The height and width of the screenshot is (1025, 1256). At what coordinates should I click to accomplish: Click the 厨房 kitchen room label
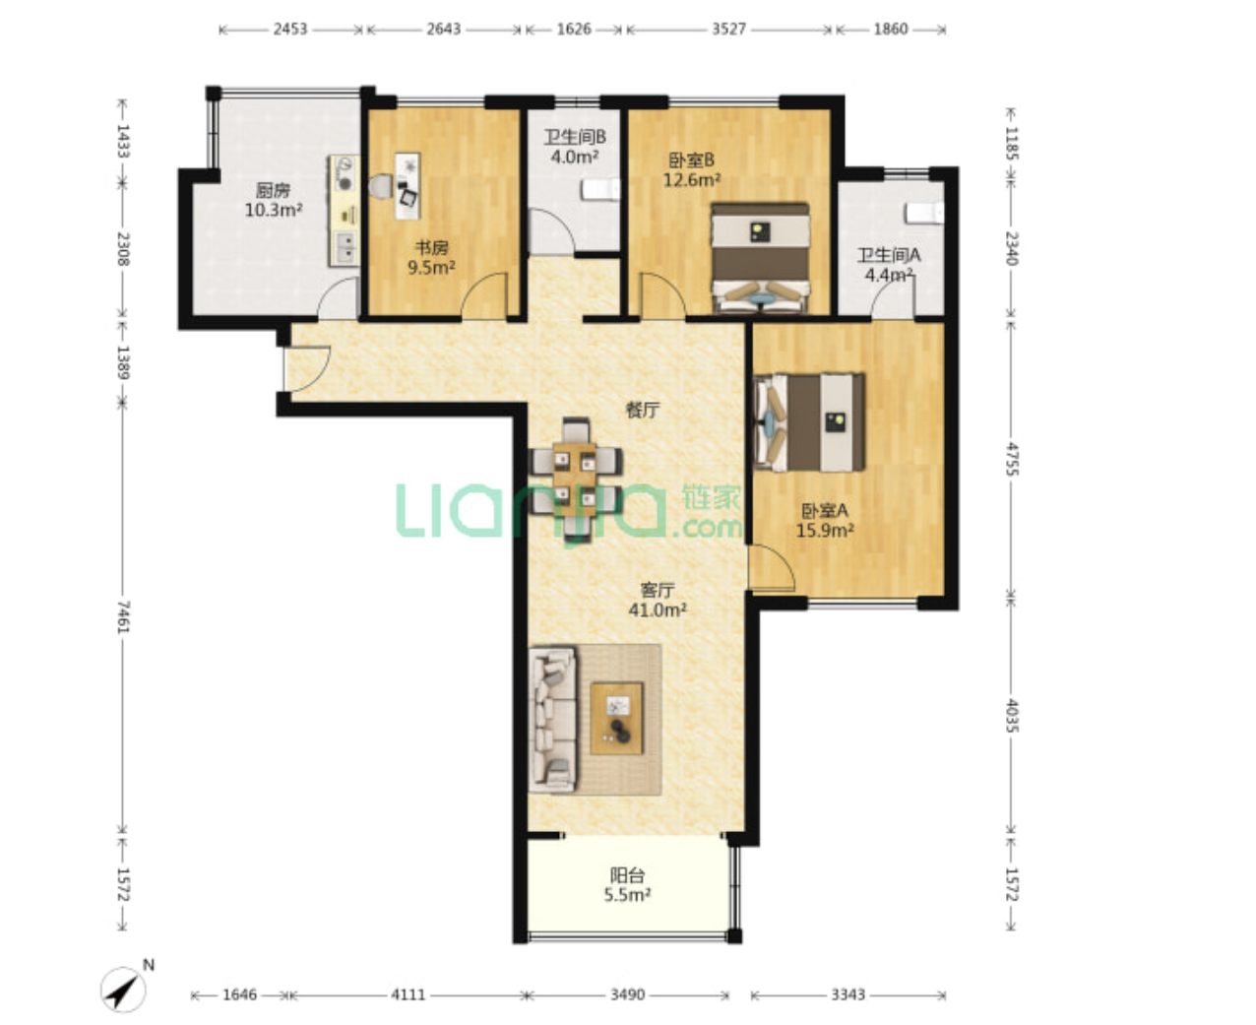coord(273,191)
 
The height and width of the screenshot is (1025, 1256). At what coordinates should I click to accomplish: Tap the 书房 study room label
coord(431,247)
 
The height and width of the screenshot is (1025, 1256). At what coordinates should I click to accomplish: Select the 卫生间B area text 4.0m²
coord(574,158)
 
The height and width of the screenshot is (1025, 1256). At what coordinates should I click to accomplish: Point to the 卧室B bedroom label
coord(691,160)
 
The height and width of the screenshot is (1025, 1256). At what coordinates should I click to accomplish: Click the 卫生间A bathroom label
coord(889,255)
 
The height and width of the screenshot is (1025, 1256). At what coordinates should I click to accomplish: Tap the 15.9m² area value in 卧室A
coord(826,530)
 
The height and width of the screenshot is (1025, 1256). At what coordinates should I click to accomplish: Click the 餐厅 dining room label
coord(643,410)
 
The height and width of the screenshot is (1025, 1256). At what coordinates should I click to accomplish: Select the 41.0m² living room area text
coord(658,609)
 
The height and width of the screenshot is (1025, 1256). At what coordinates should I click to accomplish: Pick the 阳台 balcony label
coord(627,875)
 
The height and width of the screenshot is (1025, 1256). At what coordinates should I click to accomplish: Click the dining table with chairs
coord(575,480)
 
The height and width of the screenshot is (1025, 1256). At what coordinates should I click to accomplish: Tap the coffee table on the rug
coord(616,718)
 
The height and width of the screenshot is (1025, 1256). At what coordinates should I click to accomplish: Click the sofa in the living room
coord(552,720)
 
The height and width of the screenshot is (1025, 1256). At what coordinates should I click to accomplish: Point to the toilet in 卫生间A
coord(924,213)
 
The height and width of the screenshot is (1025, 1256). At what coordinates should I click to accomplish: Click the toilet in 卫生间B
coord(600,190)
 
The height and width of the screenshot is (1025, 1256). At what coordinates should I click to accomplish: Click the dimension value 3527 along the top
coord(729,30)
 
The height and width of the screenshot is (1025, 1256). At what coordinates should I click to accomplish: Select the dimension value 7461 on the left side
coord(123,616)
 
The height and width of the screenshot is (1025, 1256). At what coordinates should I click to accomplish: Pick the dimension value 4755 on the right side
coord(1012,459)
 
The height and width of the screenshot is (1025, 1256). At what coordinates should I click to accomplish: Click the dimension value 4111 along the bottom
coord(408,994)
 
